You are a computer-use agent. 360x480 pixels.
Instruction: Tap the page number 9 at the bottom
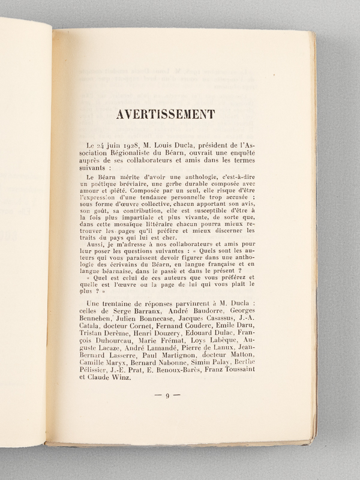[x=169, y=396]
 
